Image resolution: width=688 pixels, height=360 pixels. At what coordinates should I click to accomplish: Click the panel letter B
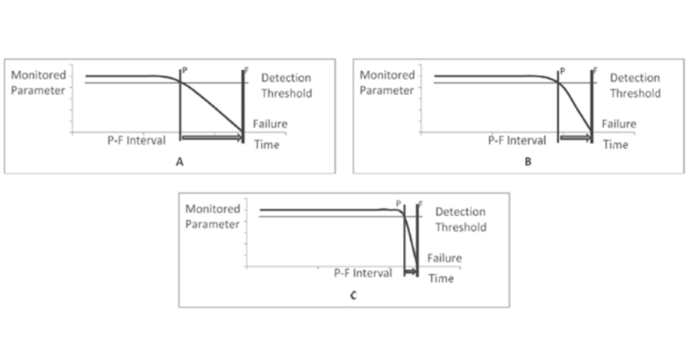(x=528, y=162)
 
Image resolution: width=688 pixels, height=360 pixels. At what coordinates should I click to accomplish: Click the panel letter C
(x=354, y=295)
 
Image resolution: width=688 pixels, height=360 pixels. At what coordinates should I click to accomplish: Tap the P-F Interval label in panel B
(x=517, y=141)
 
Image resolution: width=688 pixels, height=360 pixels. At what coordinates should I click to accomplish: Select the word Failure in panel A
(x=270, y=124)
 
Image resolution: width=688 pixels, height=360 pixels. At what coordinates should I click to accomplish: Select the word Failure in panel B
(x=618, y=124)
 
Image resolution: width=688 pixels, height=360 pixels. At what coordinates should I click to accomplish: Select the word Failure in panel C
(x=444, y=258)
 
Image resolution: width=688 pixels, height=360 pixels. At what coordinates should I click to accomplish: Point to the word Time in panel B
(x=615, y=144)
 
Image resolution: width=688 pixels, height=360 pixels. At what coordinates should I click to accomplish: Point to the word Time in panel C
(x=441, y=279)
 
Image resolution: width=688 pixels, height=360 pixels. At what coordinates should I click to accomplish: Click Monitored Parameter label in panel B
(x=386, y=82)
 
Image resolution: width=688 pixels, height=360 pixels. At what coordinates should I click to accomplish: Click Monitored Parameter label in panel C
(x=212, y=216)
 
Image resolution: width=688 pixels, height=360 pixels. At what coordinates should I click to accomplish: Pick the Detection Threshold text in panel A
(x=287, y=85)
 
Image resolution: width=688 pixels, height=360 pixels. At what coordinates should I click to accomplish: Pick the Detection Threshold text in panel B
(x=635, y=85)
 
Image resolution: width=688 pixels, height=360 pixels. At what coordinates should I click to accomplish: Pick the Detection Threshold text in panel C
(x=460, y=219)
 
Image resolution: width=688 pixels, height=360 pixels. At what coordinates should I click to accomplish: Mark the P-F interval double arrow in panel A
(x=211, y=137)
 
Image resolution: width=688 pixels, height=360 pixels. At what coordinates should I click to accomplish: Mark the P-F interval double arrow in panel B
(x=575, y=137)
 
